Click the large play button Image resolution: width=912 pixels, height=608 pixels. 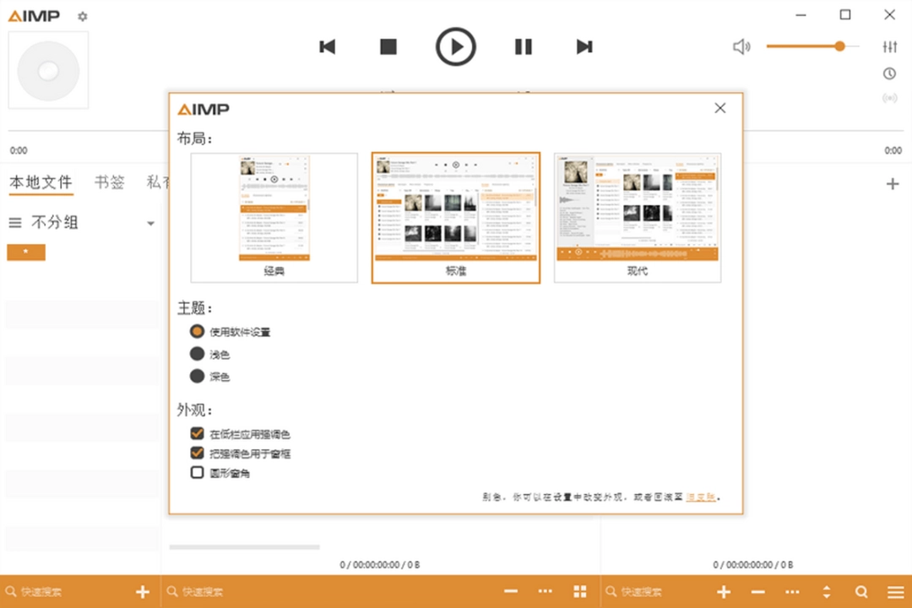[456, 46]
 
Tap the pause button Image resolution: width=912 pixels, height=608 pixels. [524, 46]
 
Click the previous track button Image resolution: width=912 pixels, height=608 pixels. [328, 46]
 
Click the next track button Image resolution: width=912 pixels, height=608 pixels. [584, 46]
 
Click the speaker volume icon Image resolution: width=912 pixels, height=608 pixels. [741, 46]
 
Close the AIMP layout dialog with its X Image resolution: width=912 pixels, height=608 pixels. [720, 108]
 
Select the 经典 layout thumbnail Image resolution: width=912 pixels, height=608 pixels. [274, 217]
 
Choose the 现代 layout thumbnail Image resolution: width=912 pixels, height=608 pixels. [638, 217]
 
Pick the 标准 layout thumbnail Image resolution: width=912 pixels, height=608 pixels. [456, 217]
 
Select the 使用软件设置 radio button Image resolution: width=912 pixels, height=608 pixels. [198, 332]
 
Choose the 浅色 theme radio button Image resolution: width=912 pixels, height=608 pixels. [198, 354]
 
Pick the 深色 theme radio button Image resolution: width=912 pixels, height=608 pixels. [198, 376]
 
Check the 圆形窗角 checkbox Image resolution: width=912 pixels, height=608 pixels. [198, 473]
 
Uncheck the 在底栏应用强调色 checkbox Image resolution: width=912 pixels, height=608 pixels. [198, 433]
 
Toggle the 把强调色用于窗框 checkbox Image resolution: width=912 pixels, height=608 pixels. [198, 453]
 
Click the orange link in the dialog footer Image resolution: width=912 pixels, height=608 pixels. [701, 497]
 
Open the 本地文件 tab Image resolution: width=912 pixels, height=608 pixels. [41, 182]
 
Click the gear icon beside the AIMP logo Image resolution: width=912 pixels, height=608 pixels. [82, 16]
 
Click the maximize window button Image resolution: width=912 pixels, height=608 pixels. [845, 14]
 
